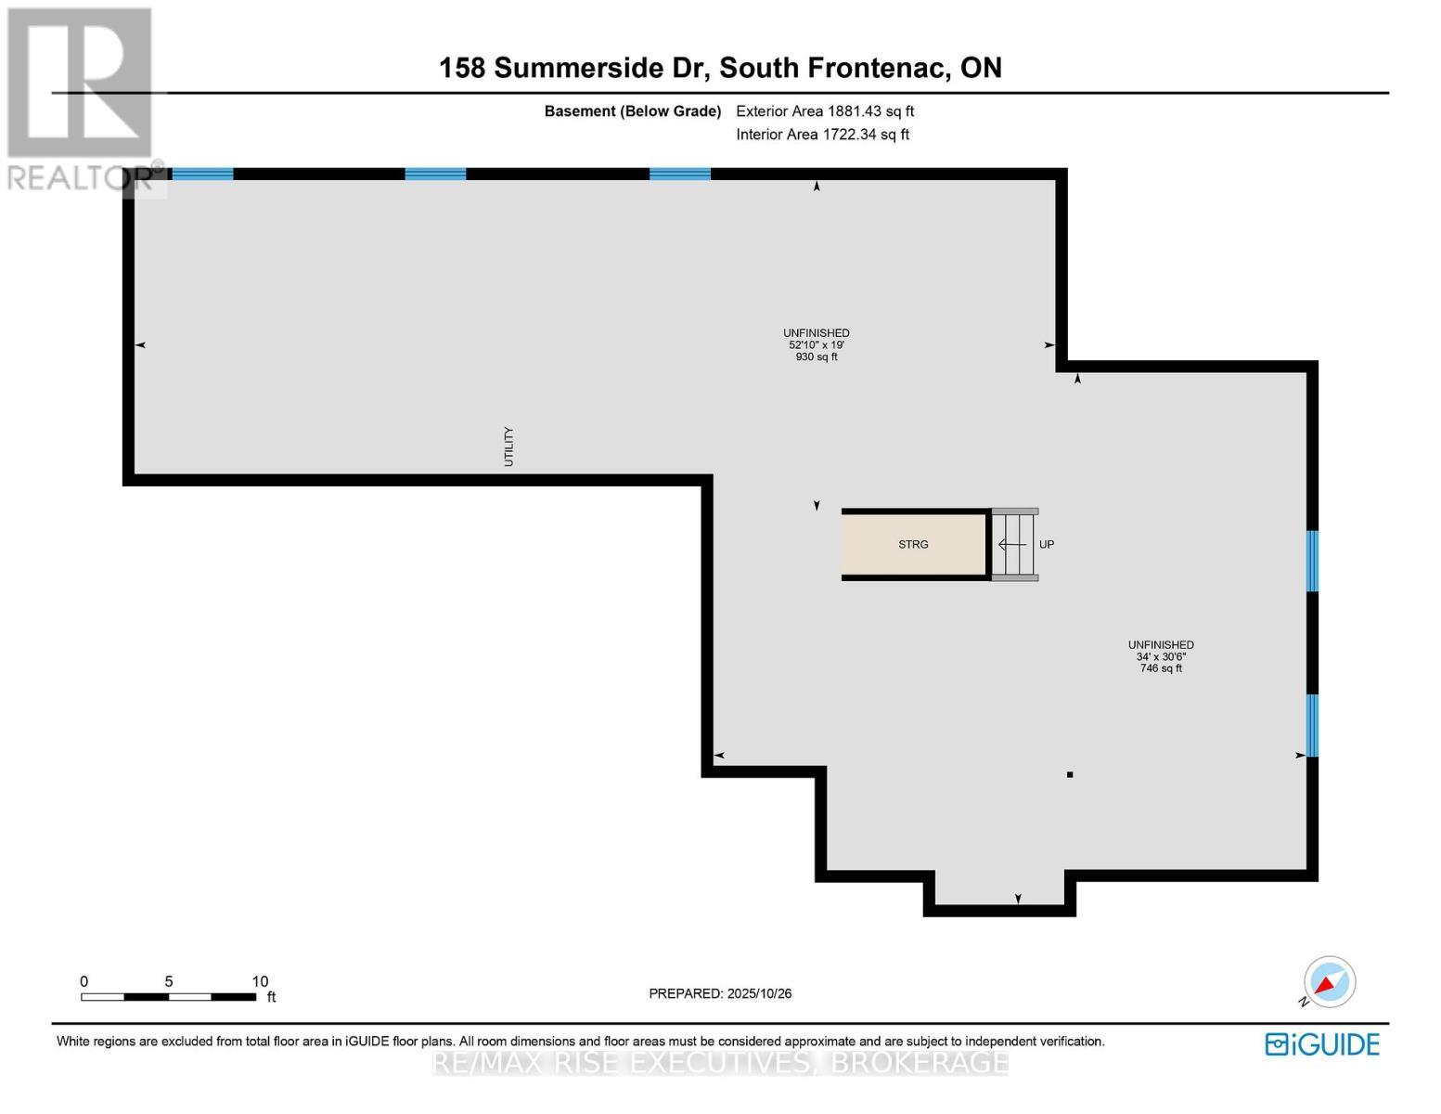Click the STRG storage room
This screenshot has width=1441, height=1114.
pyautogui.click(x=913, y=545)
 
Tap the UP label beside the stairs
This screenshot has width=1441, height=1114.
pyautogui.click(x=1047, y=545)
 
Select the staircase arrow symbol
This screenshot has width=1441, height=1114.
pyautogui.click(x=1012, y=544)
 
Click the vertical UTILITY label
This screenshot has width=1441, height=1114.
pyautogui.click(x=508, y=447)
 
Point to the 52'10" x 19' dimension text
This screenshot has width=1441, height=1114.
pyautogui.click(x=817, y=345)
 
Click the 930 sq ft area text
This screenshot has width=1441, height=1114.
pyautogui.click(x=817, y=357)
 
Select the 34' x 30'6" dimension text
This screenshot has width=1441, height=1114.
pyautogui.click(x=1161, y=657)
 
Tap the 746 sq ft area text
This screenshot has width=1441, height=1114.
pyautogui.click(x=1161, y=668)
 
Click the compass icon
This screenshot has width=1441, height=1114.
pyautogui.click(x=1329, y=982)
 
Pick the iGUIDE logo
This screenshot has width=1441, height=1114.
pyautogui.click(x=1322, y=1044)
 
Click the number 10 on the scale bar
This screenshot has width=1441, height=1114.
pyautogui.click(x=260, y=981)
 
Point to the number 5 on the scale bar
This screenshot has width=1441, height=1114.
pyautogui.click(x=169, y=981)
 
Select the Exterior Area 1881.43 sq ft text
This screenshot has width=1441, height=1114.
pyautogui.click(x=825, y=111)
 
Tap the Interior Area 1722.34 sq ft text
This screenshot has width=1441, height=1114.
pyautogui.click(x=822, y=135)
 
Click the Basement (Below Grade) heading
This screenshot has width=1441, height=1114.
pyautogui.click(x=632, y=111)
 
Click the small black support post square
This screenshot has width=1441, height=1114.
pyautogui.click(x=1070, y=774)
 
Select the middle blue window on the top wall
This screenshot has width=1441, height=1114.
pyautogui.click(x=435, y=174)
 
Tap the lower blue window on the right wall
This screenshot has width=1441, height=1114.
pyautogui.click(x=1312, y=725)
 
